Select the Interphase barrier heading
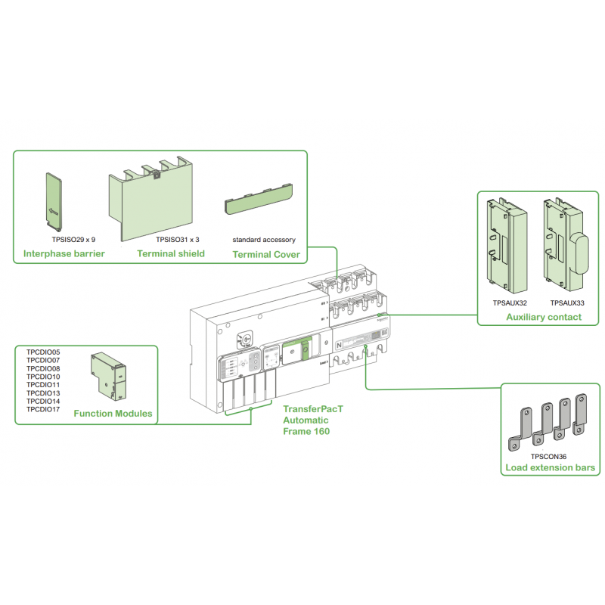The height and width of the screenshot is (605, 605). point(64,253)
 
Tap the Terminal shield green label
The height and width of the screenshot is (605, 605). point(171,253)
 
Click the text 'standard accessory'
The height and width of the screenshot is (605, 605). point(263,239)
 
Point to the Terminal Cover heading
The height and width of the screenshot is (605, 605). point(265,254)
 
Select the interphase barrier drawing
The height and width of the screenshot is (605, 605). point(54,201)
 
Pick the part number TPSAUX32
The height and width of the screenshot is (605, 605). point(510,302)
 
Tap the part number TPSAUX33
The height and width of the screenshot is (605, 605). point(567,302)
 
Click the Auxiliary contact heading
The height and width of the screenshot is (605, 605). point(544,317)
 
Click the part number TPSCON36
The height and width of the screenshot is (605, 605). point(548,456)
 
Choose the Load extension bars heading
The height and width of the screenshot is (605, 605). point(550,469)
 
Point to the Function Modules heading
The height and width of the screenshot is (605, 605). point(113,414)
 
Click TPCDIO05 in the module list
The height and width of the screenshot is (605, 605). point(43,352)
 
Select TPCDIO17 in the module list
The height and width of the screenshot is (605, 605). point(43,409)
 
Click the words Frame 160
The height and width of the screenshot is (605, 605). point(307,430)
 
